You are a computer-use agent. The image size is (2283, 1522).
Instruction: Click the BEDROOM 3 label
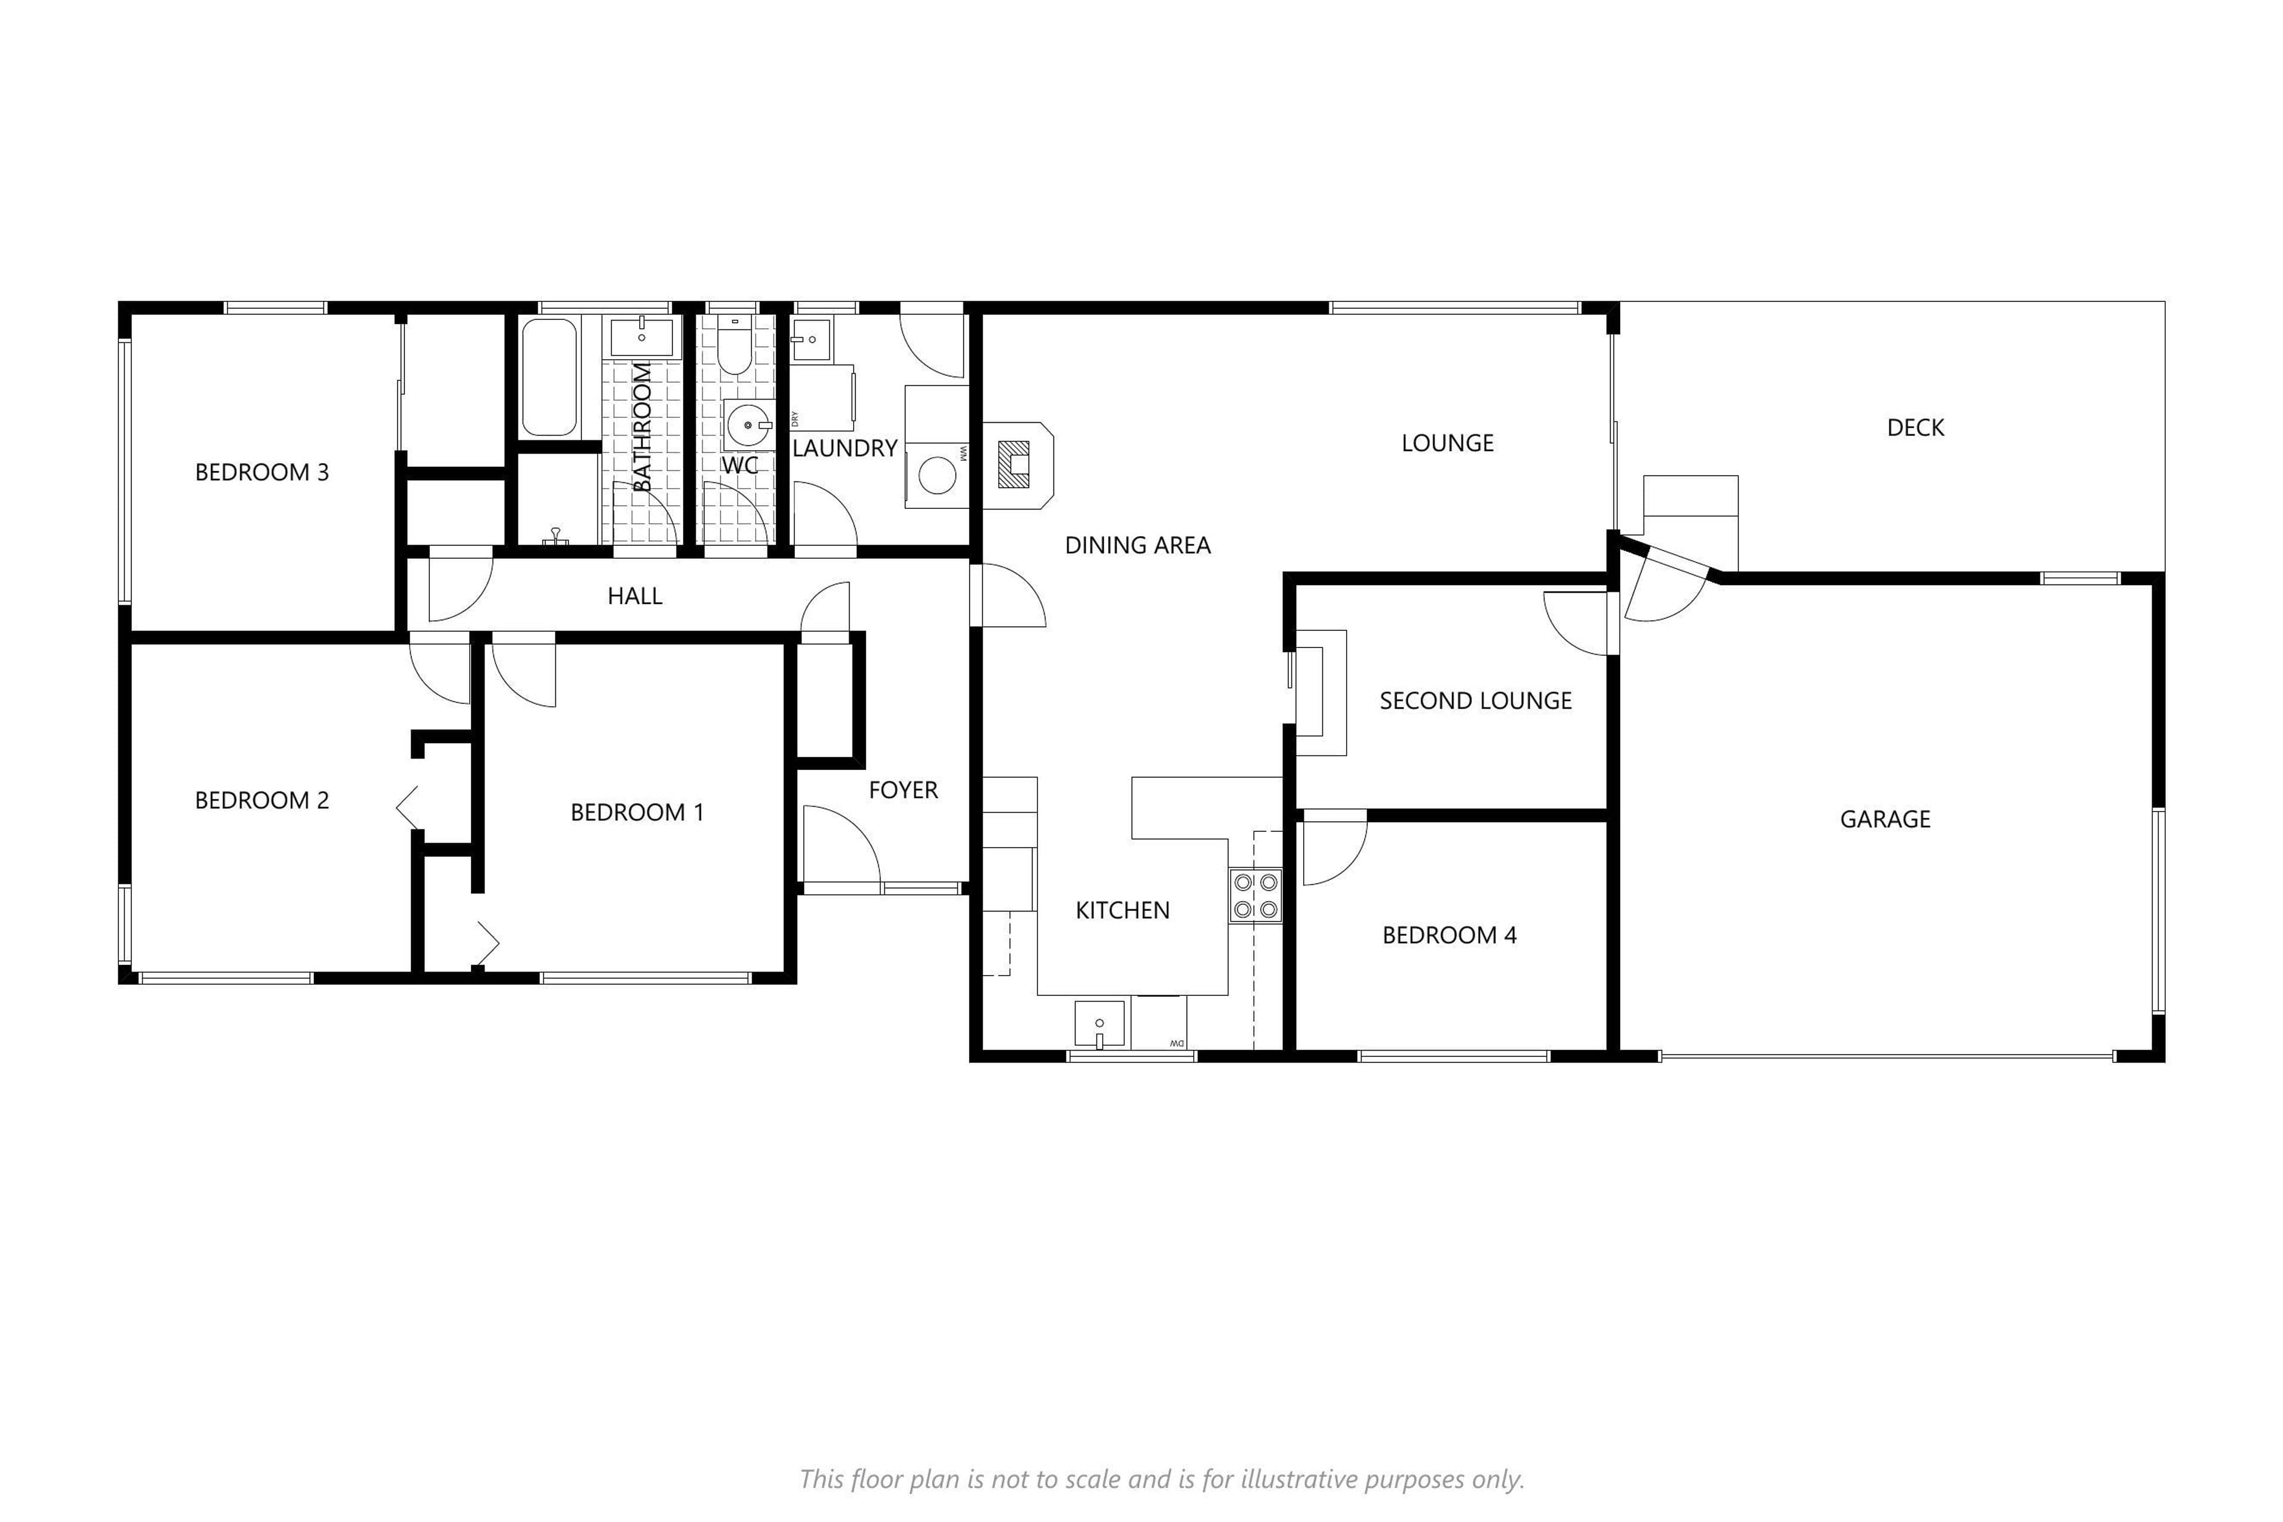[262, 473]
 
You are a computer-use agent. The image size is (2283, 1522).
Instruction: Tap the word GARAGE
[1885, 819]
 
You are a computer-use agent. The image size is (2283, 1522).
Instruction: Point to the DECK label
[1915, 428]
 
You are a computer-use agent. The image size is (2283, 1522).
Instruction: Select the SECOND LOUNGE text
[1476, 701]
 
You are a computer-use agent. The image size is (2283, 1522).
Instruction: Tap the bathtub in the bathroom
[549, 378]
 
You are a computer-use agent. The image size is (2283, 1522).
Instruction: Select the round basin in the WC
[749, 425]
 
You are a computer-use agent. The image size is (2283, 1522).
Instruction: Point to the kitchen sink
[1100, 1024]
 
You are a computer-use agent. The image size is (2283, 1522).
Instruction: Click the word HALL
[635, 596]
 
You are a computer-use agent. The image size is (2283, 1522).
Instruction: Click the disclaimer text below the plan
[1162, 1479]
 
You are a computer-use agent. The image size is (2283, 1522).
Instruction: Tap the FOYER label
[902, 790]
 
